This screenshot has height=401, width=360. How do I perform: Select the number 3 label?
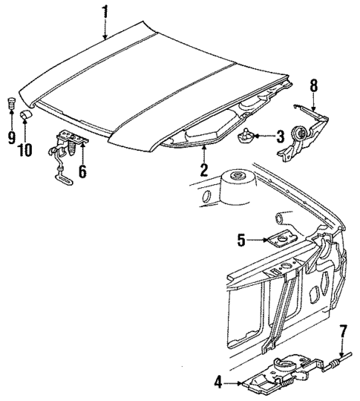pyautogui.click(x=279, y=136)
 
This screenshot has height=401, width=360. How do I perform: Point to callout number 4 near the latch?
pyautogui.click(x=219, y=382)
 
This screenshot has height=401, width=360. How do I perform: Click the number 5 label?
pyautogui.click(x=241, y=239)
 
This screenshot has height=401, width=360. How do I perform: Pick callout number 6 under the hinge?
pyautogui.click(x=82, y=172)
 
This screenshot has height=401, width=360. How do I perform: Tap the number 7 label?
pyautogui.click(x=342, y=331)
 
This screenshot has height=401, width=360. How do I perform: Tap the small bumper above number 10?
pyautogui.click(x=26, y=115)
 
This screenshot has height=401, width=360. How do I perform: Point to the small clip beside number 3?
pyautogui.click(x=247, y=134)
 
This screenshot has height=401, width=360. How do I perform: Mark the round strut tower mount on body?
pyautogui.click(x=238, y=178)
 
